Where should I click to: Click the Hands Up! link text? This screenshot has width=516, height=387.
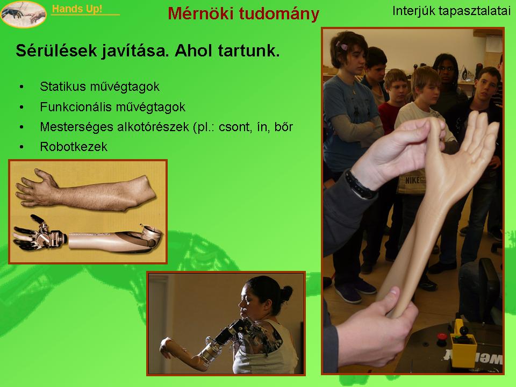tap(77, 9)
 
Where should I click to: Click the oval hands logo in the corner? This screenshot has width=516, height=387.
tap(23, 14)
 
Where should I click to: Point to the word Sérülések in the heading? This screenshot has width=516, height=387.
tap(56, 51)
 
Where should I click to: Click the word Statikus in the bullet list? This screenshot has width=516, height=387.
tap(63, 87)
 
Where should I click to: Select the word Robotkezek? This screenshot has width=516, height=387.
tap(74, 147)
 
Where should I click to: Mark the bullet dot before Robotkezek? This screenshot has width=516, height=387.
tap(21, 147)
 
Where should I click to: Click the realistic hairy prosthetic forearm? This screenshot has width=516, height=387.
tap(85, 191)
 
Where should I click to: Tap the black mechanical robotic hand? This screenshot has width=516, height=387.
tap(39, 233)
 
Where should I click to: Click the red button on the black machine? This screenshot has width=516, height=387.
tap(442, 338)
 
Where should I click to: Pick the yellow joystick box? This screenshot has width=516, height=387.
tap(463, 346)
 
